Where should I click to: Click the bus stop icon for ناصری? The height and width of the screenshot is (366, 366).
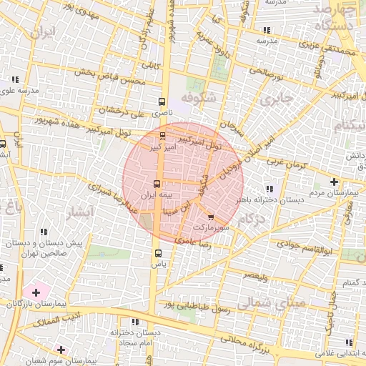(x=162, y=102)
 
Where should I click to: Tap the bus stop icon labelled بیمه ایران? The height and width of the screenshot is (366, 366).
(x=157, y=182)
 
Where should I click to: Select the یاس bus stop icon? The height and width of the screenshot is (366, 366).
(x=157, y=252)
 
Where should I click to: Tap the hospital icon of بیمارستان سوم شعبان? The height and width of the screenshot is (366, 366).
(x=61, y=350)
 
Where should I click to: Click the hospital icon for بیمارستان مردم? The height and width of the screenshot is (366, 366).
(x=334, y=182)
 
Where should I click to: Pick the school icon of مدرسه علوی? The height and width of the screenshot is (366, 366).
(x=14, y=79)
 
